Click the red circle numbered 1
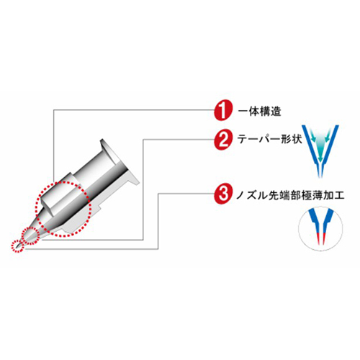pyautogui.click(x=223, y=111)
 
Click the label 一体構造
pyautogui.click(x=259, y=112)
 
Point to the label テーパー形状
pyautogui.click(x=269, y=138)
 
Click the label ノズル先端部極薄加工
pyautogui.click(x=290, y=195)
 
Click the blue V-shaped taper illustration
pyautogui.click(x=320, y=151)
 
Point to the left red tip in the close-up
pyautogui.click(x=318, y=238)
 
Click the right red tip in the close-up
pyautogui.click(x=323, y=238)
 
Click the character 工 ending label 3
pyautogui.click(x=339, y=195)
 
